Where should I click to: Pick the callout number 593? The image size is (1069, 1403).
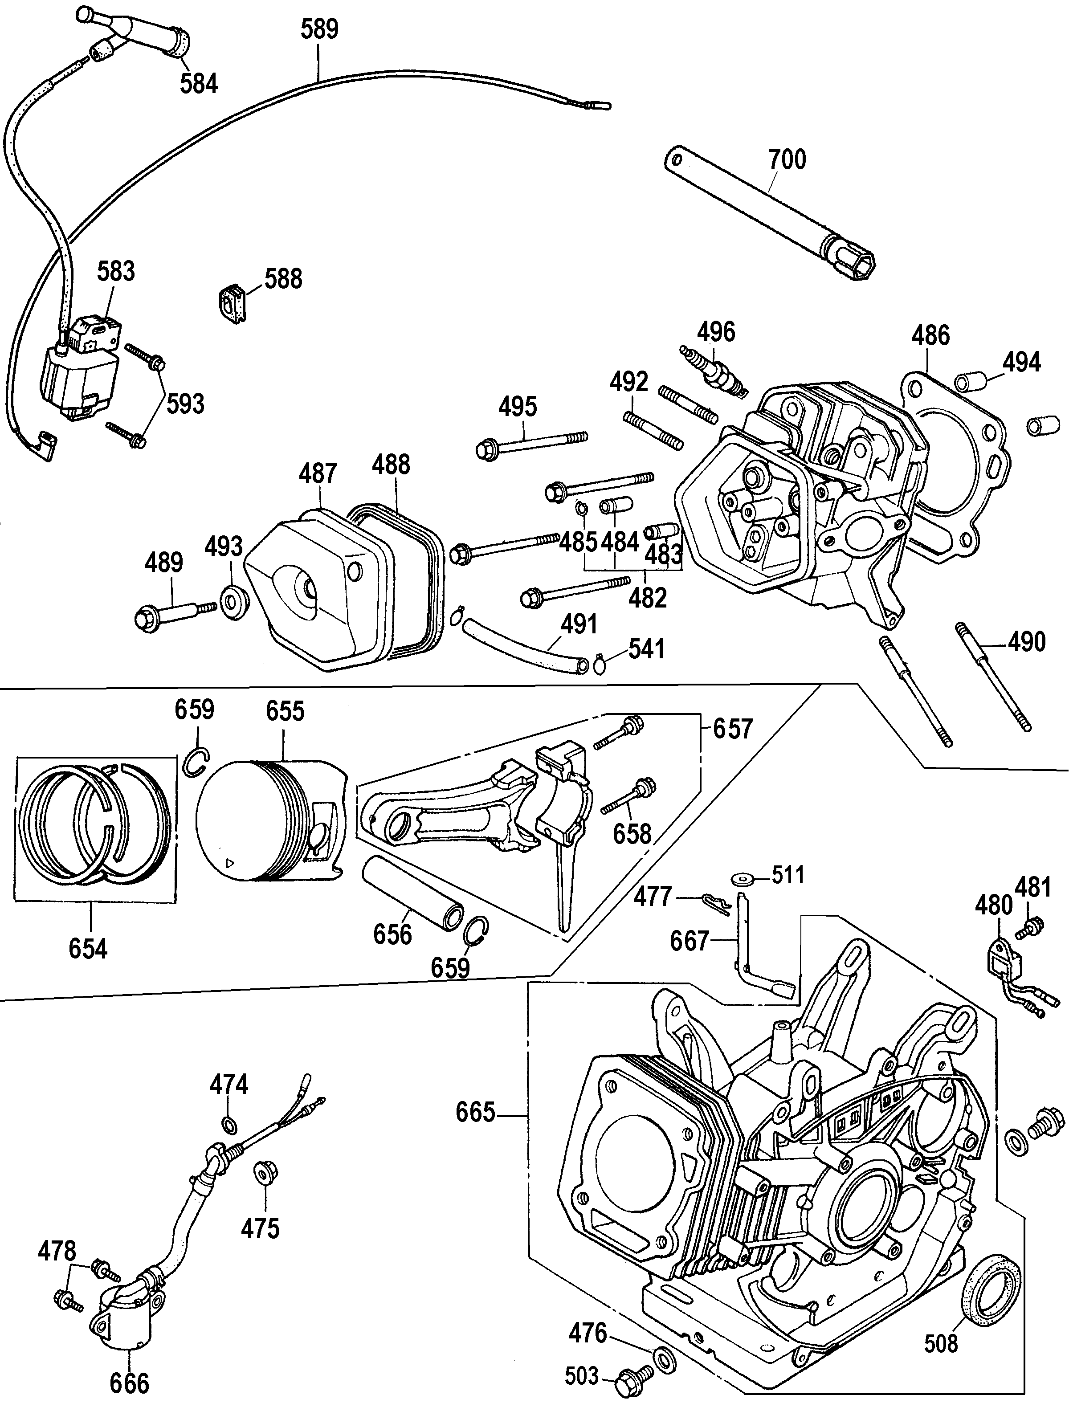pos(185,404)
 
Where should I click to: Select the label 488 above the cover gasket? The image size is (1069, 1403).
pos(391,465)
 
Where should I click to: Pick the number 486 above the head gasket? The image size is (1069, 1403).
pos(930,335)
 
